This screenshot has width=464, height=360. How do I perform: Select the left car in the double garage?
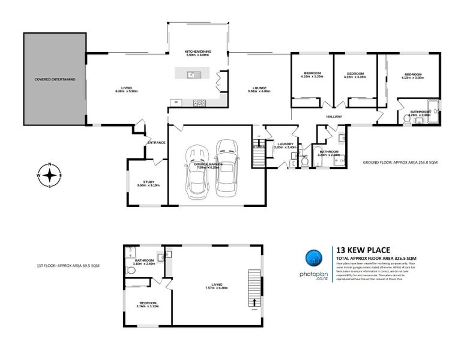pos(196,173)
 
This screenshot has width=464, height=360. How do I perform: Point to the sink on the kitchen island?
pos(190,75)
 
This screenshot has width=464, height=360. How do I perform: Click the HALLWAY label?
pos(334,116)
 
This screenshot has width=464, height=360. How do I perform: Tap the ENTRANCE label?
pos(157,142)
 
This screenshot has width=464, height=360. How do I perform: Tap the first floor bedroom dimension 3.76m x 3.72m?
pos(148,307)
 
